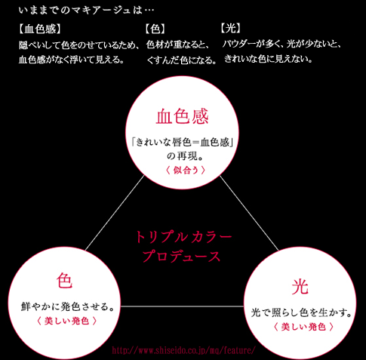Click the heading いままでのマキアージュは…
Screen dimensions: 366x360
(x=86, y=11)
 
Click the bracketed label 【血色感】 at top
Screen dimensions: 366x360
(x=40, y=29)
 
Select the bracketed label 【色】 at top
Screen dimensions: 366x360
(x=155, y=29)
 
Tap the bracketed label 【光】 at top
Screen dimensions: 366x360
(x=231, y=28)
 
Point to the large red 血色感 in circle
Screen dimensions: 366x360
(x=183, y=116)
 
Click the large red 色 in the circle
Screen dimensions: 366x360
(x=65, y=281)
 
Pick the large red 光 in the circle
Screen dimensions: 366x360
(x=300, y=287)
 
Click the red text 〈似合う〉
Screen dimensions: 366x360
(x=186, y=171)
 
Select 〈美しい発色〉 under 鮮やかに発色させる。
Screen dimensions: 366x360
(x=66, y=321)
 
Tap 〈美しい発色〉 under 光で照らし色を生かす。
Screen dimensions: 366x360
(x=303, y=327)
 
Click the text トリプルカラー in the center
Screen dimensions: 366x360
(x=183, y=237)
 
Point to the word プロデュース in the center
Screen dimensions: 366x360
(x=182, y=256)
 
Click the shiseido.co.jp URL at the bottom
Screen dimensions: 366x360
(x=183, y=350)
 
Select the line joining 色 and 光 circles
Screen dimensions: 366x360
(x=182, y=306)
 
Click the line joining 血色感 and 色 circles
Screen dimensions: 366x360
(x=115, y=213)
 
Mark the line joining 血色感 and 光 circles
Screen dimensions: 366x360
(x=249, y=213)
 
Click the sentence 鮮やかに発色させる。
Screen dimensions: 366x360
(x=68, y=306)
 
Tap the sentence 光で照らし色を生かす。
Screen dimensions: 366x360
(x=301, y=312)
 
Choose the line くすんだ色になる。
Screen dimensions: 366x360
(x=181, y=60)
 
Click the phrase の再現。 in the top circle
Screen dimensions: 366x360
(x=185, y=156)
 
